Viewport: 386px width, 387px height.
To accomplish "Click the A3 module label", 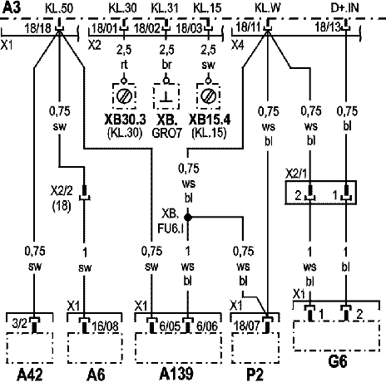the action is click(x=12, y=7).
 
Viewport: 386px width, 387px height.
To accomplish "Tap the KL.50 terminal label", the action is click(x=59, y=8).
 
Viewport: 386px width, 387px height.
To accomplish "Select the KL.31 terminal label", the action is click(x=165, y=8).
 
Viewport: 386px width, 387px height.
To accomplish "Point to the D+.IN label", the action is click(x=344, y=8).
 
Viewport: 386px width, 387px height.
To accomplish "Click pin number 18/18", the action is click(x=37, y=28).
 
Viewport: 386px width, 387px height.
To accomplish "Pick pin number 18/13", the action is click(x=327, y=27).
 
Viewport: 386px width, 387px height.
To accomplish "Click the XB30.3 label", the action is click(x=125, y=120).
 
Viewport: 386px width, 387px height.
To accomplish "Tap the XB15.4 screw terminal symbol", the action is click(x=208, y=96).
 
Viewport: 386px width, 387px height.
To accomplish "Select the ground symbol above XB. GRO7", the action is click(x=166, y=96).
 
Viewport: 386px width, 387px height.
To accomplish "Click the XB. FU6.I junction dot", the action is click(x=188, y=218).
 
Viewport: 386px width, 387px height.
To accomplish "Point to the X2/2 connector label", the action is click(x=62, y=191).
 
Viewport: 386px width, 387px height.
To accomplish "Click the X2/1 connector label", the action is click(x=296, y=174).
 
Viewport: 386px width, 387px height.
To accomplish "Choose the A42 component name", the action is click(x=30, y=375).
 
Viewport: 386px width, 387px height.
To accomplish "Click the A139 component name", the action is click(x=176, y=374).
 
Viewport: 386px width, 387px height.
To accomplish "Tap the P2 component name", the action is click(x=255, y=375).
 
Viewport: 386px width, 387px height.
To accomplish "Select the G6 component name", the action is click(x=338, y=361).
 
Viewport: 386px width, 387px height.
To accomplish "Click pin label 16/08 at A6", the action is click(x=106, y=326).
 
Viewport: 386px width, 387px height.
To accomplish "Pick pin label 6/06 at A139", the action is click(x=207, y=326).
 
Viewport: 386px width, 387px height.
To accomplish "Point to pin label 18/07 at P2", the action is click(x=247, y=326).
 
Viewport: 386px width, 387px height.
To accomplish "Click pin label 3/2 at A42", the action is click(x=20, y=324).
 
